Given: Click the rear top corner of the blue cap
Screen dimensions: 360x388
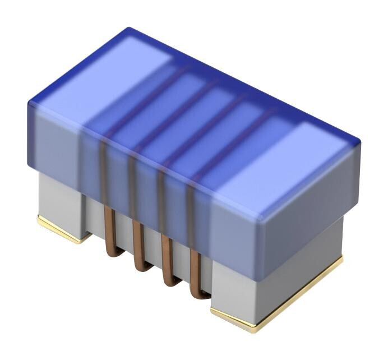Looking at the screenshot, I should coord(128,29).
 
